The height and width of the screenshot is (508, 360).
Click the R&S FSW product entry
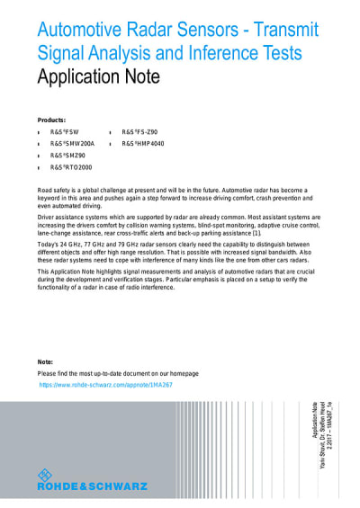[65, 132]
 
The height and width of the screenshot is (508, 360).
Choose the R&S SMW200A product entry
[72, 144]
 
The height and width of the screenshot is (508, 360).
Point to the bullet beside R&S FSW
[40, 133]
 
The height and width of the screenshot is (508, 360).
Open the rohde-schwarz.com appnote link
[105, 384]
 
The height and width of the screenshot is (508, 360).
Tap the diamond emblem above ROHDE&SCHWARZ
[45, 475]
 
